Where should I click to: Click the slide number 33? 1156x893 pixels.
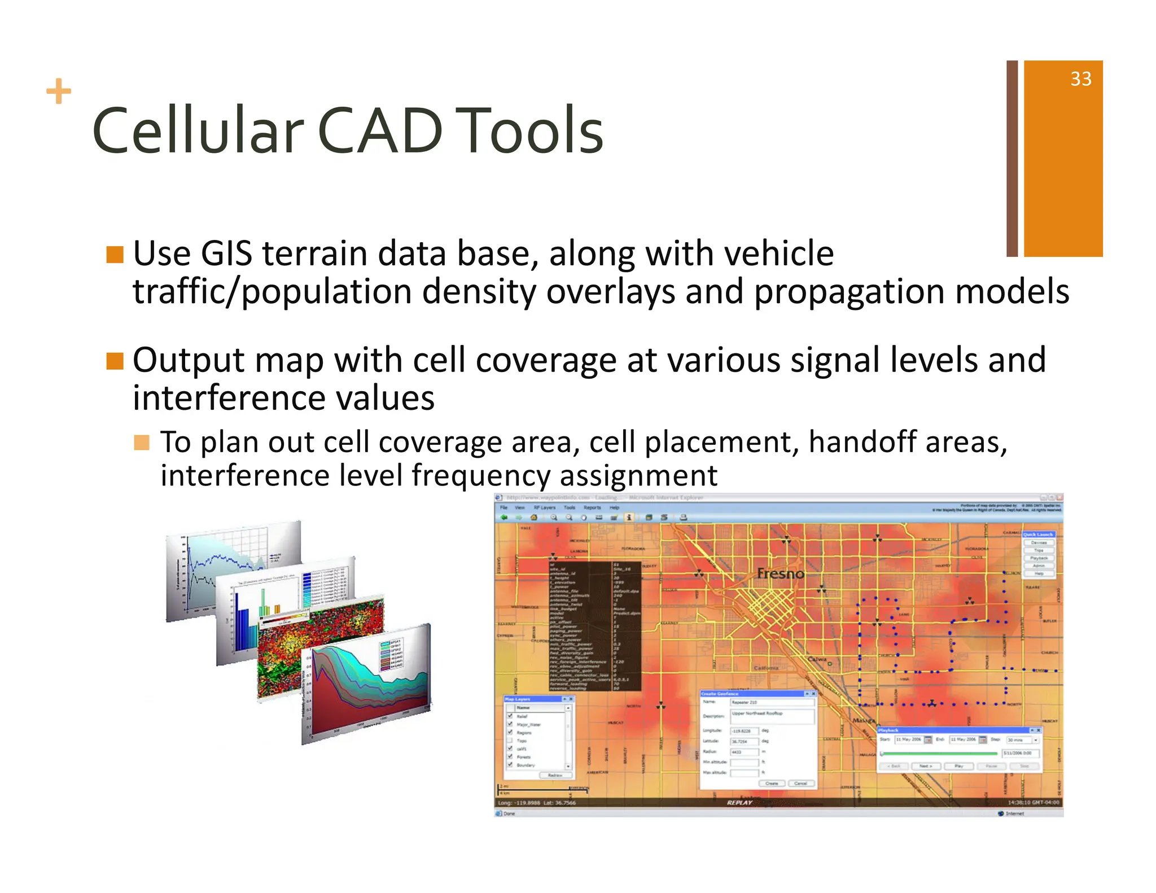point(1080,79)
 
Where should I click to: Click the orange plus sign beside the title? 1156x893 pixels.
point(59,92)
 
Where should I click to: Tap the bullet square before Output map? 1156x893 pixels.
point(115,361)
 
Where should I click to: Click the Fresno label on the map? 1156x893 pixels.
point(780,574)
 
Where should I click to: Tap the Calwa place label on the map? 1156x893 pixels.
point(817,659)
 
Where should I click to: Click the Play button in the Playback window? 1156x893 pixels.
point(958,767)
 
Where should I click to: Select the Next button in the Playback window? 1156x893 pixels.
point(926,767)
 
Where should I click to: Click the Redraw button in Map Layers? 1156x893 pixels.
point(555,775)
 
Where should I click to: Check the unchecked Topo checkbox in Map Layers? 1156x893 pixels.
point(510,740)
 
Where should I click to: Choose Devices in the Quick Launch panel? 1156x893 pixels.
point(1039,542)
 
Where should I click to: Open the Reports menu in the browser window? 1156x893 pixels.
point(592,507)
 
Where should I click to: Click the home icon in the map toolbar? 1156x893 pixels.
point(533,517)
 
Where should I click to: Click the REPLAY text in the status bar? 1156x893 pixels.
point(739,802)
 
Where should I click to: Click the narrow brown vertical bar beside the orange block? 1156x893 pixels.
point(1012,158)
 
